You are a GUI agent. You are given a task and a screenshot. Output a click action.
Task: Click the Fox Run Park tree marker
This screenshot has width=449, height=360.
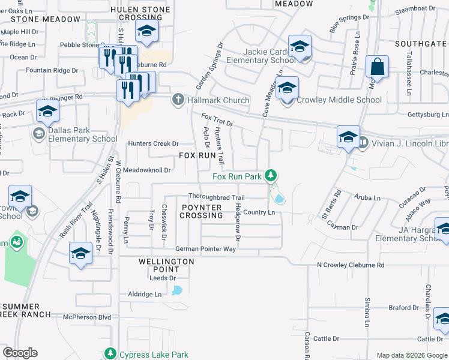tap(272, 176)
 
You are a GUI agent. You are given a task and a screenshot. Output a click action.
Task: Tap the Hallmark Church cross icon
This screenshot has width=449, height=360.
tap(178, 100)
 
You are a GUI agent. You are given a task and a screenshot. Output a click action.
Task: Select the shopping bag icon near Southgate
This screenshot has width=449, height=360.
tap(378, 67)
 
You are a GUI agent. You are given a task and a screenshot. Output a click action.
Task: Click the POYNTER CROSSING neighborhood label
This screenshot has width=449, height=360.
tap(201, 211)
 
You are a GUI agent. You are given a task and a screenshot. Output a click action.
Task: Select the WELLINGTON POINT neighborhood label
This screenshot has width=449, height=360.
tap(166, 266)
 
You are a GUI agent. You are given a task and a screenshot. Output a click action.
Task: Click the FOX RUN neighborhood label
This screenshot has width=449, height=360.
tap(197, 155)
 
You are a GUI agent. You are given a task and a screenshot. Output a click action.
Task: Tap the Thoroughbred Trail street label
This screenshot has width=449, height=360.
tap(216, 197)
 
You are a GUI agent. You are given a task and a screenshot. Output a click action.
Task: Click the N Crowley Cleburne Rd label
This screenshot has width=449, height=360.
tap(351, 265)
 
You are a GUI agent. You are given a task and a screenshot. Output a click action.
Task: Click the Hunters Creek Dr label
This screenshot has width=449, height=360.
tap(154, 143)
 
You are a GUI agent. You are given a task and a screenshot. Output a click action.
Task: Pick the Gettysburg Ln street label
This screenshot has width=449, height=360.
tap(427, 115)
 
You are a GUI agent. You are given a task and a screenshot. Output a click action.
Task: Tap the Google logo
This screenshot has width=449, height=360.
tap(20, 353)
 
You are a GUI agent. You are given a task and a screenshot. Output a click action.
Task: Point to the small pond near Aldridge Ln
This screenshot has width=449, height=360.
tap(176, 291)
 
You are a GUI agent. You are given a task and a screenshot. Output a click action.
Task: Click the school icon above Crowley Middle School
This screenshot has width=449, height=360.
tap(288, 88)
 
